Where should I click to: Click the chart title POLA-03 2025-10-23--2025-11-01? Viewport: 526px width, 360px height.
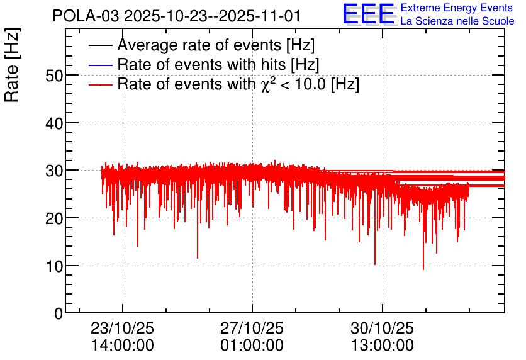point(176,16)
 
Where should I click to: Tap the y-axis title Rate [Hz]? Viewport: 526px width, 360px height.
point(12,65)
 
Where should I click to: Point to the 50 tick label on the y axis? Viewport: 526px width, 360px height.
point(54,76)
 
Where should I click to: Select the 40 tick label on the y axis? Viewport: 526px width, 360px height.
point(54,124)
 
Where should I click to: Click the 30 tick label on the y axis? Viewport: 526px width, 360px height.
point(54,171)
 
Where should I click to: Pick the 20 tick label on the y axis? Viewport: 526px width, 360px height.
point(54,219)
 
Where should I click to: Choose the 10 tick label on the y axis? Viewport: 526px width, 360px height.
point(54,266)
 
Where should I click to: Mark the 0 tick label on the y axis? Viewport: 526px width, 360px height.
point(59,313)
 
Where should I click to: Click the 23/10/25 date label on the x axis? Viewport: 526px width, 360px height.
point(123,328)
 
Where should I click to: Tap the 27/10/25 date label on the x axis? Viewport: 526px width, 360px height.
point(252,328)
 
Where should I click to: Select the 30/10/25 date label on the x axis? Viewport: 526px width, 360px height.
point(383,328)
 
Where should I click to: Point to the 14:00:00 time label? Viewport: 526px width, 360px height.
point(123,346)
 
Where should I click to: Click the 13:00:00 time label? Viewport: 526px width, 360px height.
point(383,346)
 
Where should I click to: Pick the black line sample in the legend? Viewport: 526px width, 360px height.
point(101,45)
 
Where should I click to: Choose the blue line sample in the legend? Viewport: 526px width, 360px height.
point(101,65)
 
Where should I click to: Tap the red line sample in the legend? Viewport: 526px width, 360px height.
point(101,84)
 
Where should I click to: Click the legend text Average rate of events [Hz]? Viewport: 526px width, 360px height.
point(216,45)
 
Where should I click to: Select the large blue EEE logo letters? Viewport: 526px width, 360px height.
point(368,14)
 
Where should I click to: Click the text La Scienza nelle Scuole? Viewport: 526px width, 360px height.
point(457,21)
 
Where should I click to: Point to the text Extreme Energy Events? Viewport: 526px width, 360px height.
point(457,8)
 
